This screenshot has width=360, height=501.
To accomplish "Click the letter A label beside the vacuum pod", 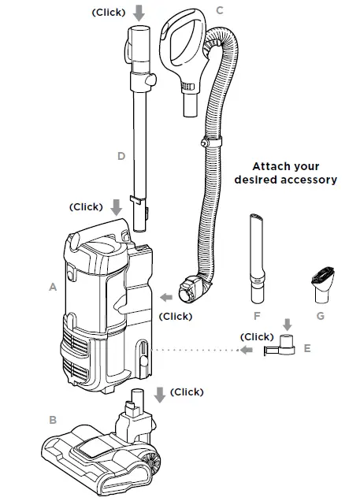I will tap(53, 288).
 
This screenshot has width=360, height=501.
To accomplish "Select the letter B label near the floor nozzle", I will tap(53, 420).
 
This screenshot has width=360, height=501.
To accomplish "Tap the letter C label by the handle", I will tap(220, 10).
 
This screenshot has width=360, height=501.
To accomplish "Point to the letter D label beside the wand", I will tap(121, 156).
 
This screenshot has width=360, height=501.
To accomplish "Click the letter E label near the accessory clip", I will tap(306, 347).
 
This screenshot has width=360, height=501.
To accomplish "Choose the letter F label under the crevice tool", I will tap(257, 316).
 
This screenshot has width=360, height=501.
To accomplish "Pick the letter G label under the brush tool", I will tap(319, 316).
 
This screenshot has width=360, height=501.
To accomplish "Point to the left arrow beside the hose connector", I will tap(166, 298).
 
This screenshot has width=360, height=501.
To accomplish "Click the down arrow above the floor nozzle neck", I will tap(161, 394).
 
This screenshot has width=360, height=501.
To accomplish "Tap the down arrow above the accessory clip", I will tap(286, 324).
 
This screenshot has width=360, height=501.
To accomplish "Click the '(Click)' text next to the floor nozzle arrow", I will tap(187, 392).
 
